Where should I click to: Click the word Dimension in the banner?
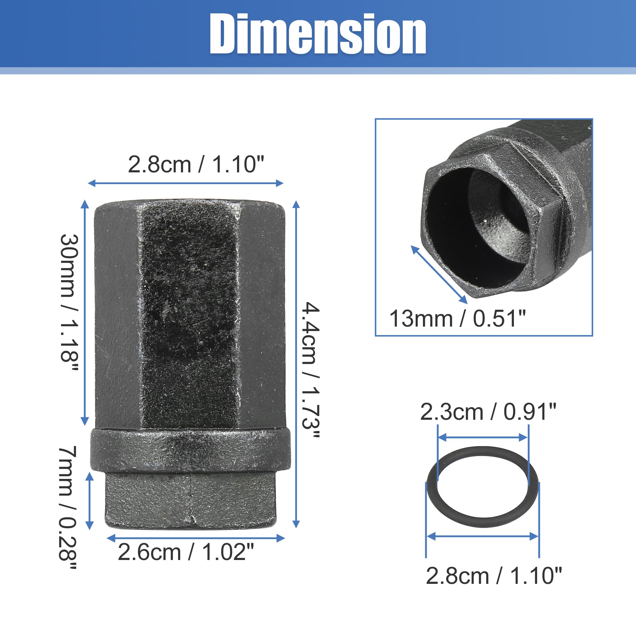[x=318, y=34]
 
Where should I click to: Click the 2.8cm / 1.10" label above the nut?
[x=196, y=164]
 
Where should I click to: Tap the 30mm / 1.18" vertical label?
[x=69, y=303]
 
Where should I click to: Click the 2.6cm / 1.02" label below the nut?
[x=186, y=552]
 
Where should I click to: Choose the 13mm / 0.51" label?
[x=458, y=318]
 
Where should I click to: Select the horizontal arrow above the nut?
[x=186, y=183]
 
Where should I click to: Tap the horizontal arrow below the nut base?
[x=196, y=538]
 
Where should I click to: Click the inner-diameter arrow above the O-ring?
[x=483, y=438]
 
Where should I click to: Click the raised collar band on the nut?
[x=190, y=450]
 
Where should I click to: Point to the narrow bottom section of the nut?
[x=190, y=500]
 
